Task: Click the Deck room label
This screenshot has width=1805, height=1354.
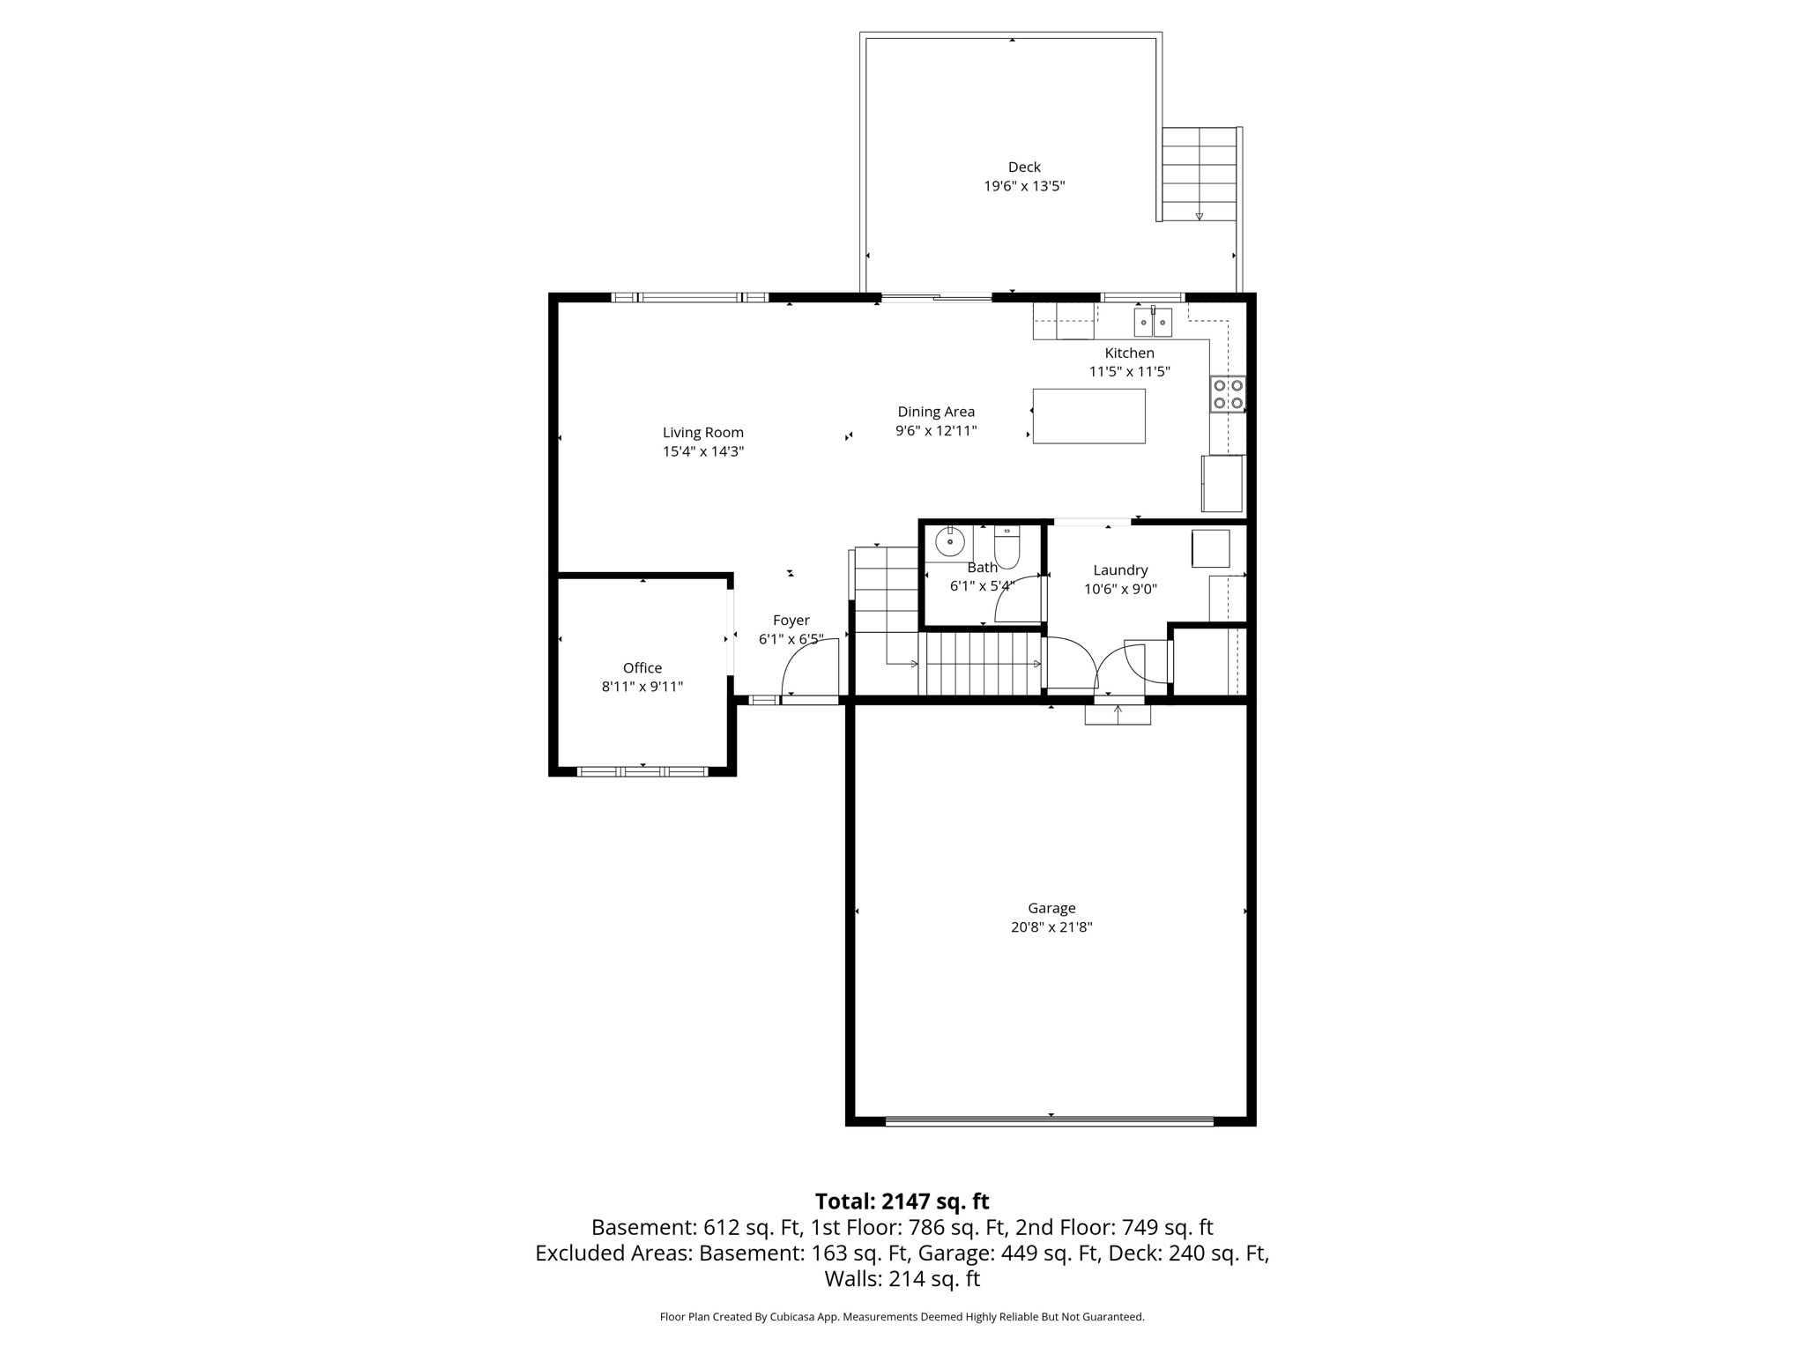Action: coord(1024,167)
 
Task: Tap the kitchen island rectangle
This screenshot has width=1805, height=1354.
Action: coord(1088,416)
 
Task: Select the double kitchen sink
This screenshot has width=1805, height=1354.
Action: coord(1153,323)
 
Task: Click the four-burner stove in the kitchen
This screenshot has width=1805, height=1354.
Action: coord(1228,394)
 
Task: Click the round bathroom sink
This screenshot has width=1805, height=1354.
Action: coord(949,541)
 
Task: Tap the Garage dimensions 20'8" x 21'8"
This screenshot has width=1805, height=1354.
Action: coord(1051,927)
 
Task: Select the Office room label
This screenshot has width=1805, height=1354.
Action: coord(642,668)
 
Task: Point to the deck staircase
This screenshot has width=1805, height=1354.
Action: coord(1199,174)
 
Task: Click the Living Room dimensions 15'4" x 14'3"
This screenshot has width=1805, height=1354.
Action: coord(703,451)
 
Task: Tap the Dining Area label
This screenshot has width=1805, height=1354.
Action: coord(936,412)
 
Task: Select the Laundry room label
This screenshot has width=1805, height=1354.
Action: coord(1120,570)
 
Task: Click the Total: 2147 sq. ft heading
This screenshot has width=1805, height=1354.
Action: coord(902,1201)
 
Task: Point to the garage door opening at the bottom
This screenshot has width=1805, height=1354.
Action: coord(1049,1121)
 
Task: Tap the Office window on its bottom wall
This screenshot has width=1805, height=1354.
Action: coord(643,771)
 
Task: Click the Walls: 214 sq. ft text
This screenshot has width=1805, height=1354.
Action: coord(902,1278)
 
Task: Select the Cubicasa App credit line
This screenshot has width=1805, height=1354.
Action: coord(902,1317)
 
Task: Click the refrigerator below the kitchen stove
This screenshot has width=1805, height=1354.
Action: coord(1222,483)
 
